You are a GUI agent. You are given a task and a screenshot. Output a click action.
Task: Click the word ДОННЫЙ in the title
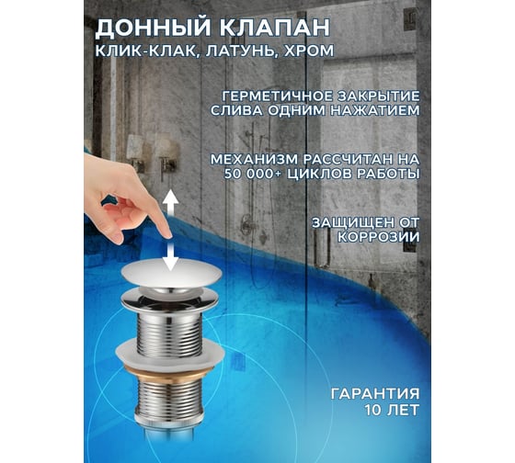pyautogui.click(x=152, y=28)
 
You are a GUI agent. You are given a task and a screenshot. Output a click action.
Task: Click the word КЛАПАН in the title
pyautogui.click(x=274, y=27)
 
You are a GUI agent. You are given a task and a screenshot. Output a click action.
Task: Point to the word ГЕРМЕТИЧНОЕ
pyautogui.click(x=274, y=96)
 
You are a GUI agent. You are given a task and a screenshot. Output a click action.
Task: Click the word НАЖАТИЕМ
pyautogui.click(x=375, y=110)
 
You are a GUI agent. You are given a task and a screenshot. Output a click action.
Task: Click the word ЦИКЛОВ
pyautogui.click(x=318, y=174)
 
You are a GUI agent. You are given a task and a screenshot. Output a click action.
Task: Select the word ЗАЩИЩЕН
pyautogui.click(x=354, y=223)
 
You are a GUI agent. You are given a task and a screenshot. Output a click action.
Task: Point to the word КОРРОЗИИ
pyautogui.click(x=379, y=237)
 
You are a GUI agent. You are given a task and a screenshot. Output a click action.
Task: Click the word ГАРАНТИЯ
pyautogui.click(x=375, y=393)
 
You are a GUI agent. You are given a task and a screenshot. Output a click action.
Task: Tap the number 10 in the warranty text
pyautogui.click(x=372, y=410)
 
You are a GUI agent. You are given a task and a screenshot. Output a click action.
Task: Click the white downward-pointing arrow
pyautogui.click(x=170, y=257)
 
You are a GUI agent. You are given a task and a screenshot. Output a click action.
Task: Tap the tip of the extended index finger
pyautogui.click(x=167, y=235)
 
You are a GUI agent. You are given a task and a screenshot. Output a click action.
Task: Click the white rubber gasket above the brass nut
pyautogui.click(x=170, y=354)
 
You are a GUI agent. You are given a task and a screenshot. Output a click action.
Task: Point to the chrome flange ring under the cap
pyautogui.click(x=169, y=299)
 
